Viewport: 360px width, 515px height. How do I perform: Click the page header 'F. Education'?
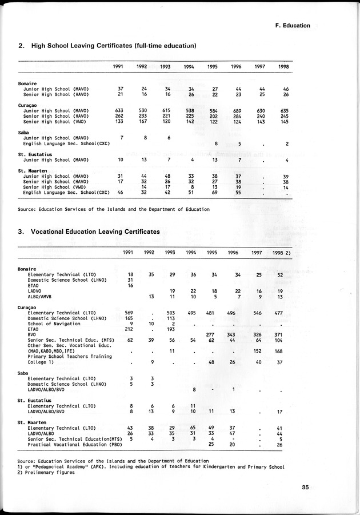(292, 26)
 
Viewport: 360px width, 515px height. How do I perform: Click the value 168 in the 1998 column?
(279, 351)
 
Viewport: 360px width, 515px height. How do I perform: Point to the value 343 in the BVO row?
(231, 334)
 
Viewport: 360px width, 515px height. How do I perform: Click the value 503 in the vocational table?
(170, 313)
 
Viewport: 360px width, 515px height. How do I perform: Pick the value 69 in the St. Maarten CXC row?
(215, 193)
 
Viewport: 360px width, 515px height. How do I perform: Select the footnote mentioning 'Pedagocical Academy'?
(151, 466)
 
